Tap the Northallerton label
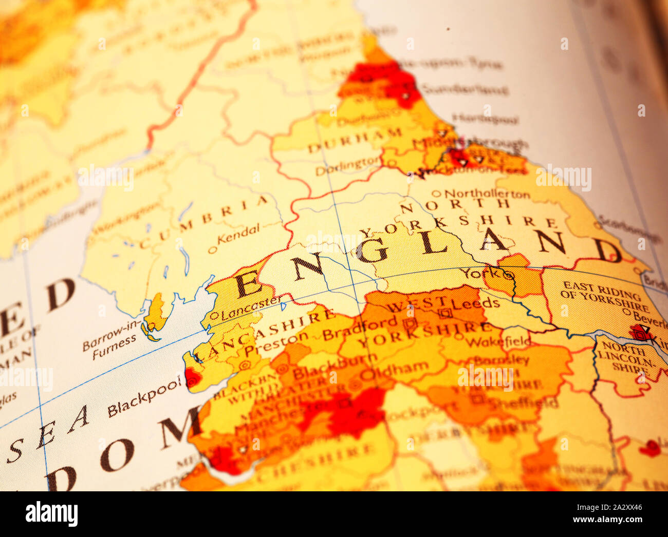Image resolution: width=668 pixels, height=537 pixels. pos(487,194)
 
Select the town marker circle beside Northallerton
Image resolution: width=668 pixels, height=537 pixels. pos(436,194)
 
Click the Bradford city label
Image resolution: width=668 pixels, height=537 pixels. pos(360,329)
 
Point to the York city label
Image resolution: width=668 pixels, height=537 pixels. pos(480,273)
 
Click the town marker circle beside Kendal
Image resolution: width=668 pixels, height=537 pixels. pos(212,251)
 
